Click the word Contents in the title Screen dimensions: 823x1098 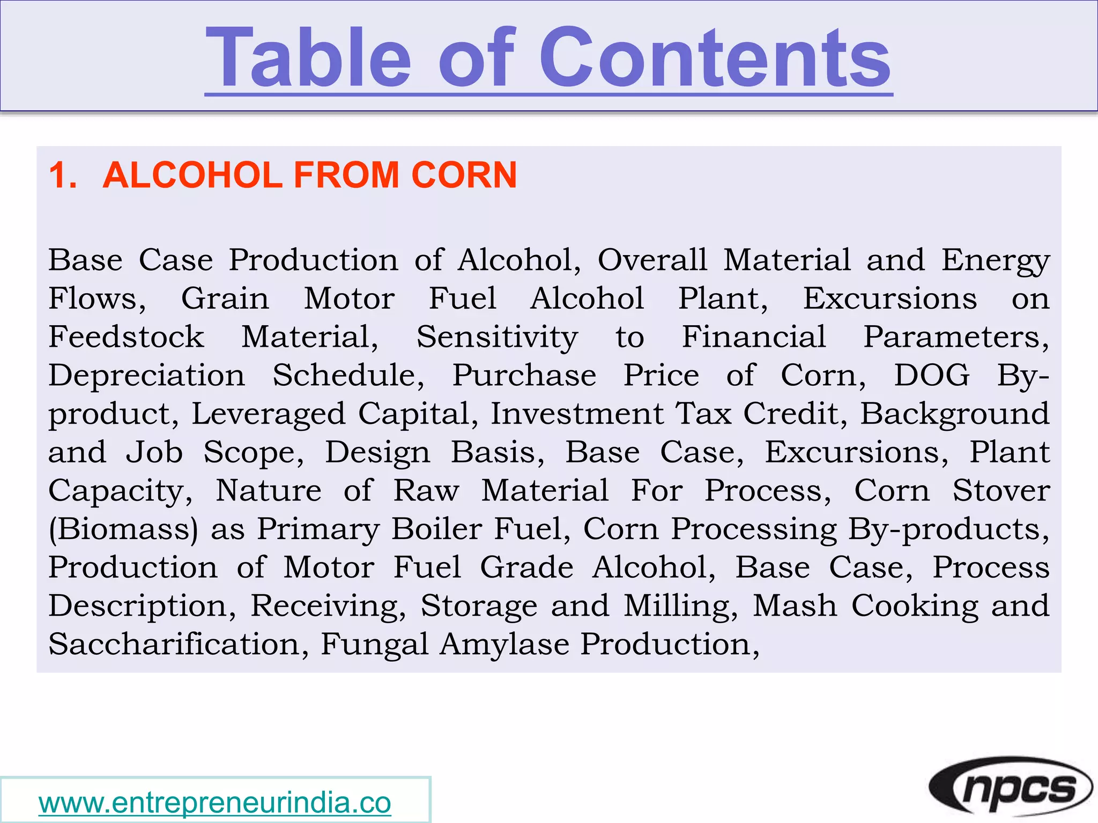click(x=715, y=57)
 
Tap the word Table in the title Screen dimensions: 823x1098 click(x=309, y=57)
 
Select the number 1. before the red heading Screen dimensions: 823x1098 click(x=63, y=175)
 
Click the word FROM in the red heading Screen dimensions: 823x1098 click(x=346, y=175)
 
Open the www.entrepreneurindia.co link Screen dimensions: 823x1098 click(x=215, y=803)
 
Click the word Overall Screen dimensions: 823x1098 click(x=652, y=260)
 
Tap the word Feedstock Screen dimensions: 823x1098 click(x=127, y=337)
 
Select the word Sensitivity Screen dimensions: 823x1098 click(x=497, y=338)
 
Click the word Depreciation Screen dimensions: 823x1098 click(x=147, y=376)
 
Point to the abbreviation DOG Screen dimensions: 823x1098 click(x=932, y=375)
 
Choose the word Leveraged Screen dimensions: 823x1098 click(x=268, y=415)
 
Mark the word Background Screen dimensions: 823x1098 click(x=955, y=415)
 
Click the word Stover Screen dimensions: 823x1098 click(x=1001, y=491)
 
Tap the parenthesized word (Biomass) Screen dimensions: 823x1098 click(x=123, y=529)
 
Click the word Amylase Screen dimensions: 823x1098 click(x=504, y=645)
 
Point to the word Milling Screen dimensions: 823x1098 click(x=680, y=607)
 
